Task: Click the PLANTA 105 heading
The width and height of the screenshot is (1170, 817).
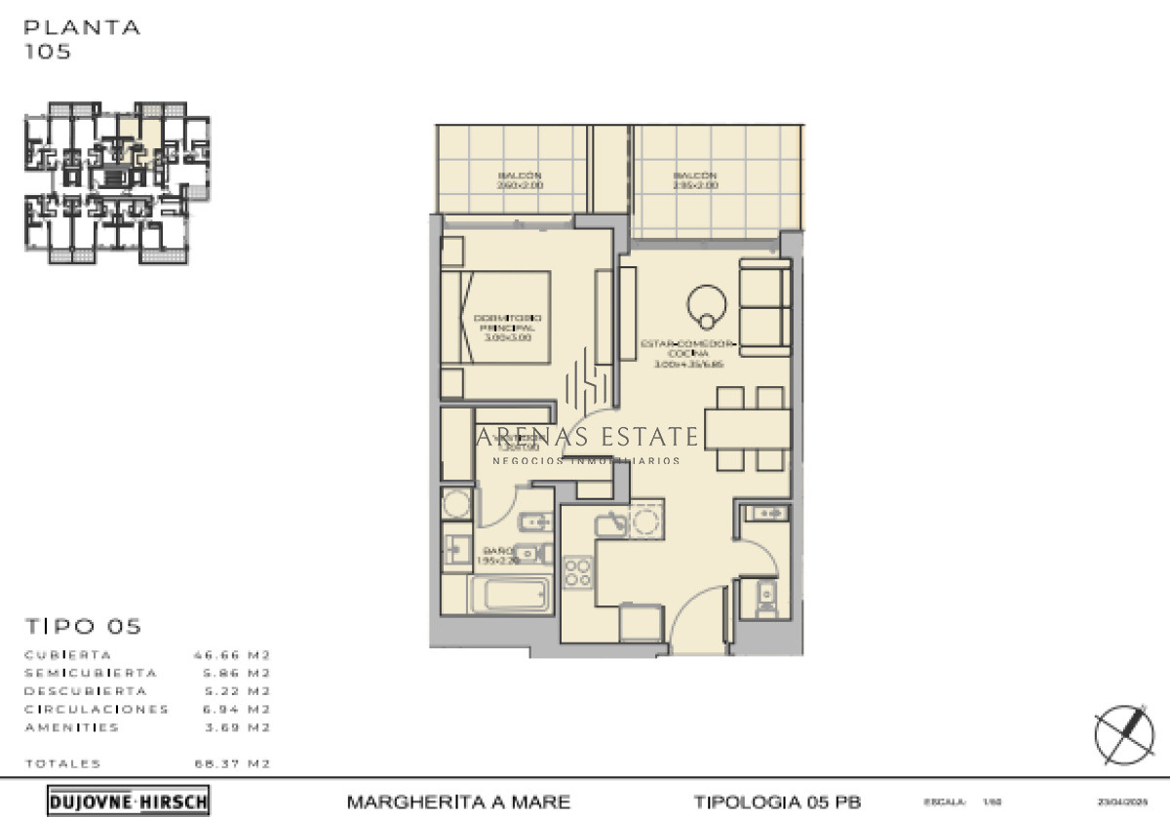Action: [x=82, y=39]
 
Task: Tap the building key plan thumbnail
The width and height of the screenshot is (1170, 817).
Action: [x=117, y=182]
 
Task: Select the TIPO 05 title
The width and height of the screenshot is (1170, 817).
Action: [x=83, y=627]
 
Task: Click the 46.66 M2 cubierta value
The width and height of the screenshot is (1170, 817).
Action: [x=232, y=655]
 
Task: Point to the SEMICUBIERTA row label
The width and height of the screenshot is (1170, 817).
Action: [x=90, y=673]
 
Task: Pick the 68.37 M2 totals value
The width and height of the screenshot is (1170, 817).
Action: [x=232, y=763]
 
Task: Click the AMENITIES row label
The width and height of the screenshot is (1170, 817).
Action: [x=71, y=727]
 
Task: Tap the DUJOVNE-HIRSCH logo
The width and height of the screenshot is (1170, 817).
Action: [x=128, y=801]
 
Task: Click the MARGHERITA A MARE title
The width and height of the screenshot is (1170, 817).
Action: [x=458, y=802]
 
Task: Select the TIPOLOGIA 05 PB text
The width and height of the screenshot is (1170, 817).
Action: [x=777, y=802]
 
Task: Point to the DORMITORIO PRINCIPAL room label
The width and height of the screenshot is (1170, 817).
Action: [x=507, y=328]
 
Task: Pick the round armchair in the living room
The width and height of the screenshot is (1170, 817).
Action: [x=706, y=306]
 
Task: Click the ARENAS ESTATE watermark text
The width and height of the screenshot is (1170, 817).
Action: [x=588, y=437]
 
